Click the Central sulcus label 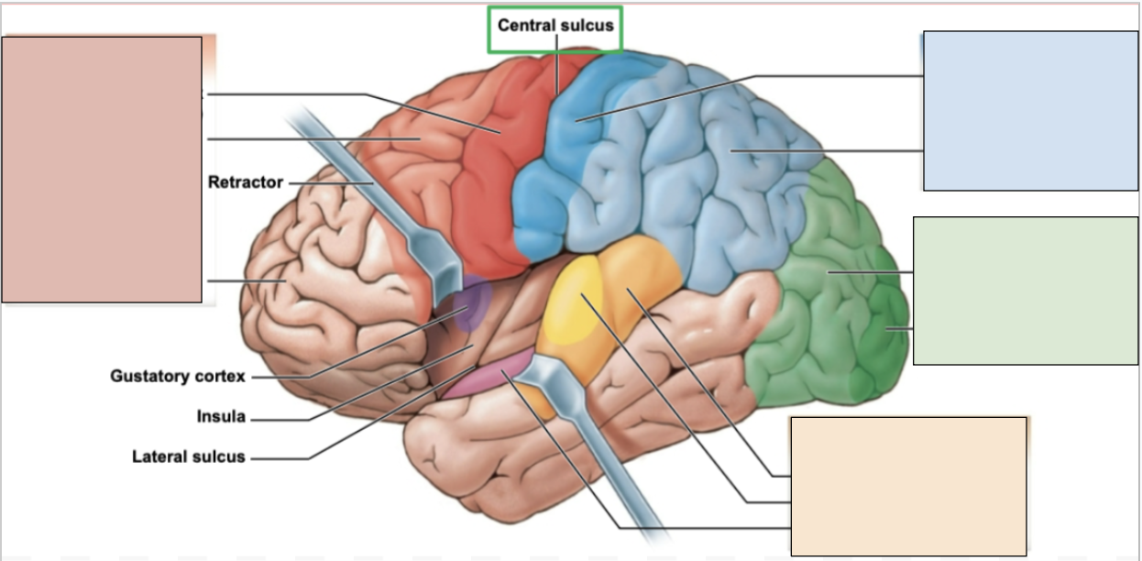click(555, 26)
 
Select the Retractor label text click(245, 182)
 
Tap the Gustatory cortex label click(178, 376)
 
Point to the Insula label click(221, 417)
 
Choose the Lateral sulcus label click(189, 456)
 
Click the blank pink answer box click(102, 170)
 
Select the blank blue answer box click(1030, 111)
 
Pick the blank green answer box click(1026, 291)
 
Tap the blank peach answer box click(908, 486)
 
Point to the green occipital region click(825, 312)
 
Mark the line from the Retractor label click(330, 183)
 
